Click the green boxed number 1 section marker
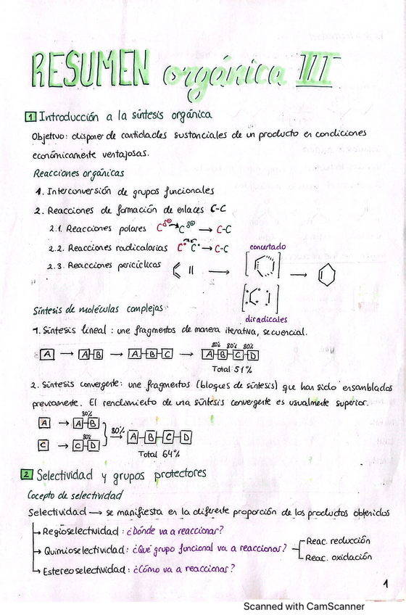(x=29, y=116)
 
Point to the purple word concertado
(x=268, y=247)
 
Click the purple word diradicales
(x=266, y=318)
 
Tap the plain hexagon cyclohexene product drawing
(x=327, y=276)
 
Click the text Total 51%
(x=228, y=368)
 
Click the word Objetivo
(x=48, y=135)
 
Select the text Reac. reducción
(x=338, y=541)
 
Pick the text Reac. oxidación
(x=339, y=557)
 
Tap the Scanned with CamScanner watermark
(x=304, y=605)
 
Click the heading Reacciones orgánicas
(x=78, y=173)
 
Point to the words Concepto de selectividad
(x=75, y=495)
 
